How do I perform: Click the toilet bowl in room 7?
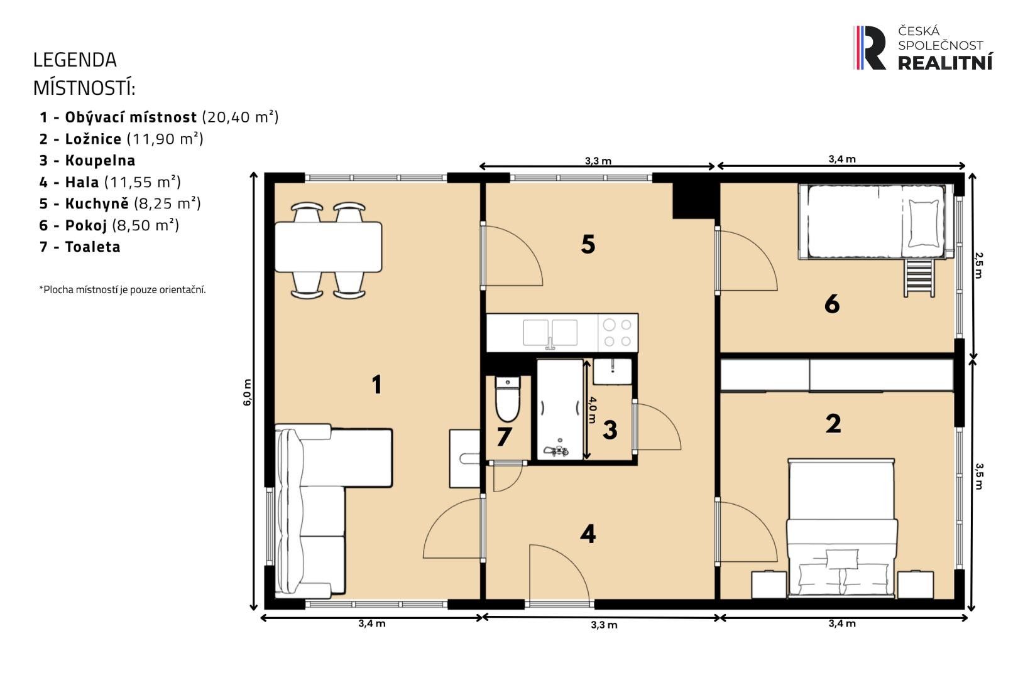point(507,402)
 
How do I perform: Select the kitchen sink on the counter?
point(550,333)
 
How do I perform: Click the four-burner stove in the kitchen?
point(617,333)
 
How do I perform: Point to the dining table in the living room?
point(328,247)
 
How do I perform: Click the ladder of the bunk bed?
point(919,277)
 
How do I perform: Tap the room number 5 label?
point(588,244)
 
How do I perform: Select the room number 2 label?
point(833,424)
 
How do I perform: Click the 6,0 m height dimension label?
point(248,392)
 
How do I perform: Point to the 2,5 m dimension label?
point(978,264)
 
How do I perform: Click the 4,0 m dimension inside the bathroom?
point(593,409)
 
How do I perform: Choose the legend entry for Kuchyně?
point(119,203)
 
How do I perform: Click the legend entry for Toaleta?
point(80,247)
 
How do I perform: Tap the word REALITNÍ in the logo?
point(945,62)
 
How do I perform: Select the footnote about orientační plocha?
point(123,289)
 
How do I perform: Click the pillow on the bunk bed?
point(924,223)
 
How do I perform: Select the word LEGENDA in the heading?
point(75,60)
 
